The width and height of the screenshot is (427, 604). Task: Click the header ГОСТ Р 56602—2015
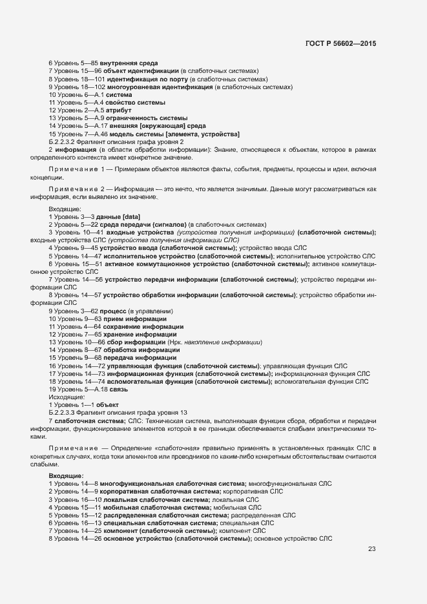[340, 43]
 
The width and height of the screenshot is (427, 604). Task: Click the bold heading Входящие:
[65, 475]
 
